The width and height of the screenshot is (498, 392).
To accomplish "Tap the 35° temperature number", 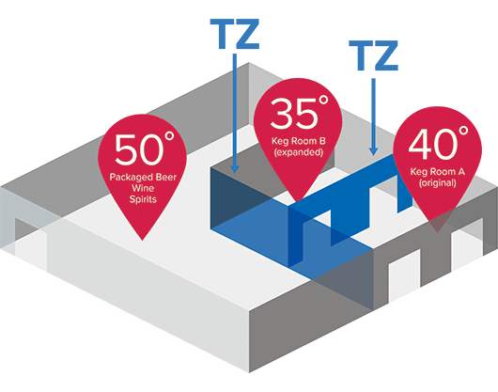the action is pyautogui.click(x=300, y=112).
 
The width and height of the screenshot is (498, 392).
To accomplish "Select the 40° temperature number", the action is pyautogui.click(x=438, y=143).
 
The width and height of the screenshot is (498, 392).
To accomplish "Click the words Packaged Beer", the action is pyautogui.click(x=143, y=177).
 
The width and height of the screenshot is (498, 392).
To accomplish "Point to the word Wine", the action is pyautogui.click(x=143, y=188).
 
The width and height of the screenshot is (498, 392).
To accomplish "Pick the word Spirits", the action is pyautogui.click(x=143, y=199).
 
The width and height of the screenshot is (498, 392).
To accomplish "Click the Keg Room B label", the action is pyautogui.click(x=299, y=141).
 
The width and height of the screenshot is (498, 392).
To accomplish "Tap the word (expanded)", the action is pyautogui.click(x=299, y=152).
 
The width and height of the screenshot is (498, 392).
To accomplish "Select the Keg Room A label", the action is pyautogui.click(x=438, y=172).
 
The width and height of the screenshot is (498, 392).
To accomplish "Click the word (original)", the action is pyautogui.click(x=438, y=183).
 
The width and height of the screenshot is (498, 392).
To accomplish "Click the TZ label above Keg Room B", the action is pyautogui.click(x=235, y=34).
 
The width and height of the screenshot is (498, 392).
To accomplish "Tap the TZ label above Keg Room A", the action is pyautogui.click(x=374, y=55).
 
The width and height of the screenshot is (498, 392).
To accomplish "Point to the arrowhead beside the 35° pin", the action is pyautogui.click(x=235, y=168).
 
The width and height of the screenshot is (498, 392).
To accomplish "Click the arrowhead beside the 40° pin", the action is pyautogui.click(x=374, y=151).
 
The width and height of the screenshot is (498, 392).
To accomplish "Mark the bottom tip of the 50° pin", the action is pyautogui.click(x=142, y=240).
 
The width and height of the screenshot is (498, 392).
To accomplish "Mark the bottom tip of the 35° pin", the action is pyautogui.click(x=298, y=201).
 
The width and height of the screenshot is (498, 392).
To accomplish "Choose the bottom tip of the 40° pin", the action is pyautogui.click(x=437, y=232).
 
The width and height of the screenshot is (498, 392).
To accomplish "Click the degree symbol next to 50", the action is pyautogui.click(x=170, y=136).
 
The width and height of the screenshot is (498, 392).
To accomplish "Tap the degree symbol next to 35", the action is pyautogui.click(x=323, y=101).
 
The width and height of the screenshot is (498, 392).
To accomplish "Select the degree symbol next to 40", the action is pyautogui.click(x=463, y=131).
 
